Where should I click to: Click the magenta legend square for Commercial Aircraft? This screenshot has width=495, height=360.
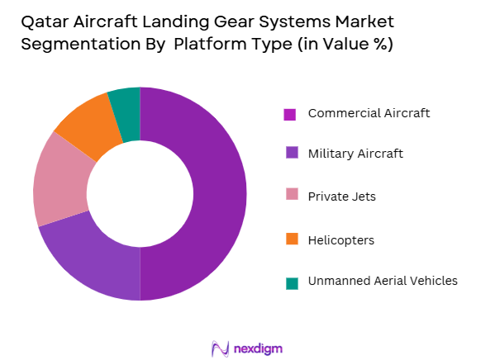click(290, 114)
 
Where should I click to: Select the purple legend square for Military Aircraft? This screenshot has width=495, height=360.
click(290, 153)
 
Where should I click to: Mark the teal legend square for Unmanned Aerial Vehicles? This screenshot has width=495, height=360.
click(290, 282)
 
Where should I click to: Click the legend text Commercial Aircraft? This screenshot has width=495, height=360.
click(369, 113)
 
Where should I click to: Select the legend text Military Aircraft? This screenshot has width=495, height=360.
click(356, 153)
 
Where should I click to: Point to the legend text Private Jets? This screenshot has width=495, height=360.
click(341, 197)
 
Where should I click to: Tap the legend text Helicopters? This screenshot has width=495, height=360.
click(340, 240)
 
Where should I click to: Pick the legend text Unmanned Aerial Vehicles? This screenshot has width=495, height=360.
click(382, 281)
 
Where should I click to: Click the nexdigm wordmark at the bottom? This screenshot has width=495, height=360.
click(258, 348)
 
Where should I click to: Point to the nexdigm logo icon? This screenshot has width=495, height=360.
click(221, 348)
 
